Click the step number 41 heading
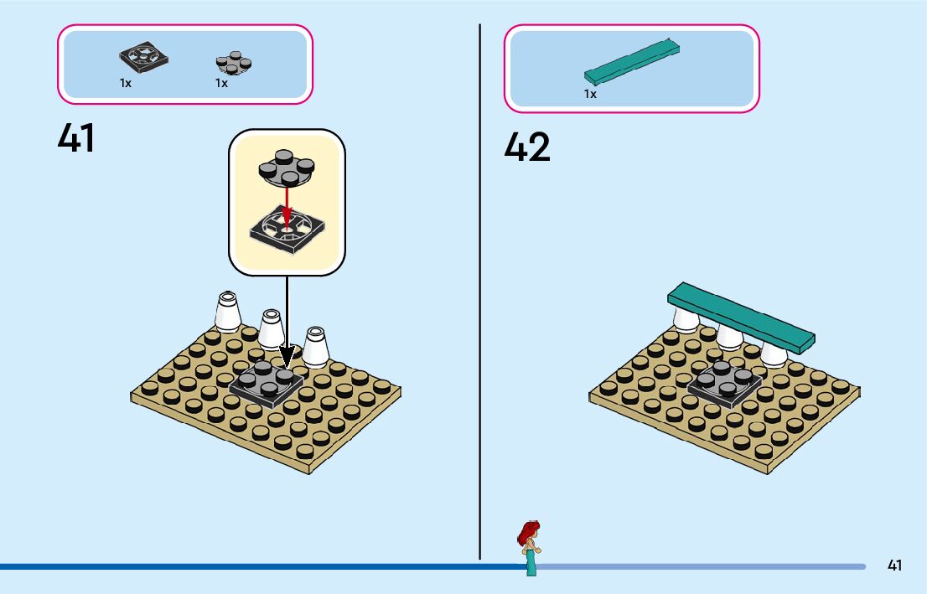tap(76, 138)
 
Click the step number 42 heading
tap(527, 147)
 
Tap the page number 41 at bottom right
tap(895, 566)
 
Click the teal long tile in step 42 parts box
tap(633, 61)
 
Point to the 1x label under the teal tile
tap(590, 94)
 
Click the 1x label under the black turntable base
tap(125, 84)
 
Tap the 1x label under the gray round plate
tap(221, 84)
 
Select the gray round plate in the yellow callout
tap(285, 168)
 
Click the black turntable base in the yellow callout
tap(286, 230)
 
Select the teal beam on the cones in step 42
tap(741, 317)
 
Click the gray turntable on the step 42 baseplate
tap(725, 384)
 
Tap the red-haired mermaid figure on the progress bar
tap(530, 546)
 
